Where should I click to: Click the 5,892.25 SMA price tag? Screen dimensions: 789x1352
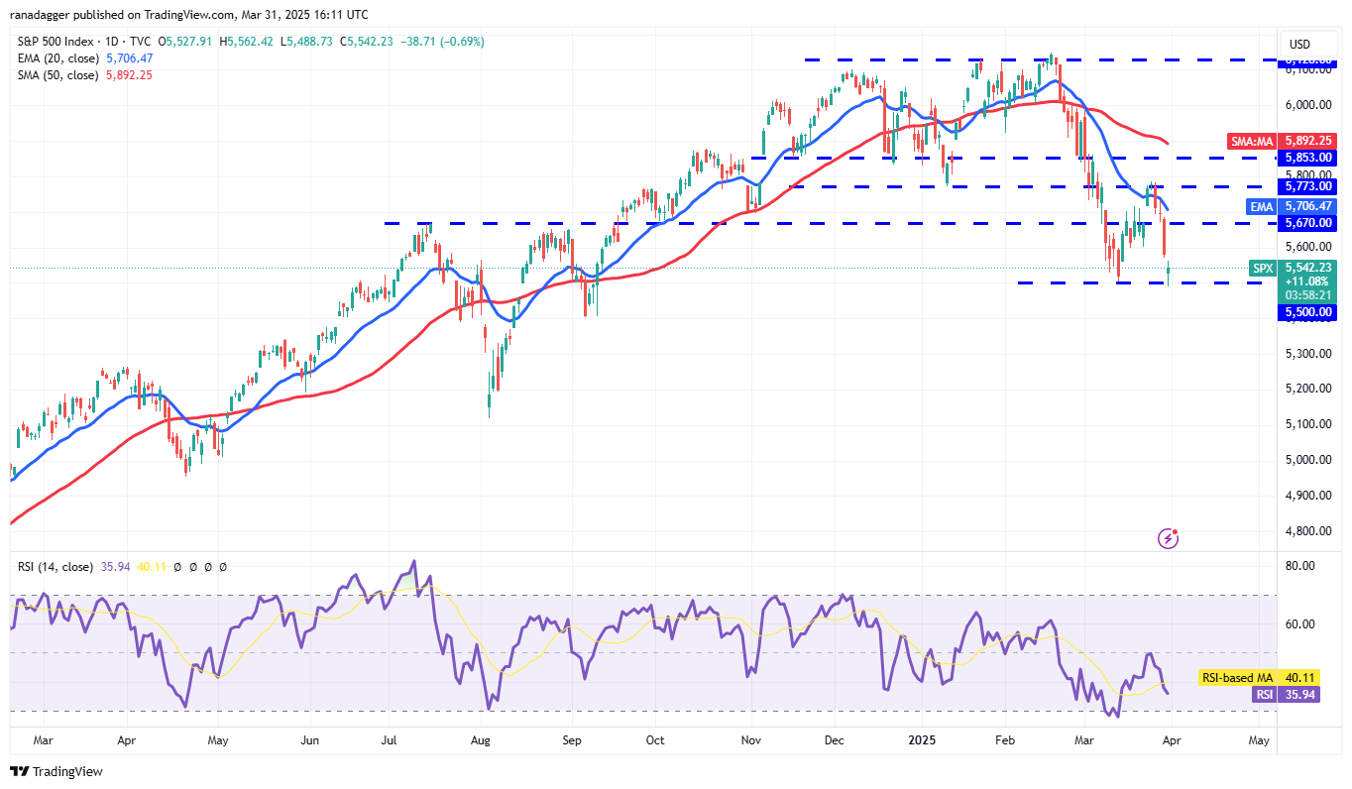click(1308, 141)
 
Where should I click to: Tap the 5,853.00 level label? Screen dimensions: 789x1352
click(1308, 158)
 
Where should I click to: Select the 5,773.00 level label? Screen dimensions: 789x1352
click(1308, 186)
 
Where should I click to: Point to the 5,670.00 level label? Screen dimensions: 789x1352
click(1308, 223)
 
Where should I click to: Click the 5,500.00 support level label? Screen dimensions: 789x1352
click(1308, 312)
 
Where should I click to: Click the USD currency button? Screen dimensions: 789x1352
click(1299, 45)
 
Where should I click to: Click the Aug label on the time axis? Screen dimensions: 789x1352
click(481, 739)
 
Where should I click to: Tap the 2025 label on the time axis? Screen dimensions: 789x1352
click(922, 739)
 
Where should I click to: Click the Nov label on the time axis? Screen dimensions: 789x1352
click(750, 739)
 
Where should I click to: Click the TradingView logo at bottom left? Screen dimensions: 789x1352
click(56, 771)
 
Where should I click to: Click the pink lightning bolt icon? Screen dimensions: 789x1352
click(1169, 538)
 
